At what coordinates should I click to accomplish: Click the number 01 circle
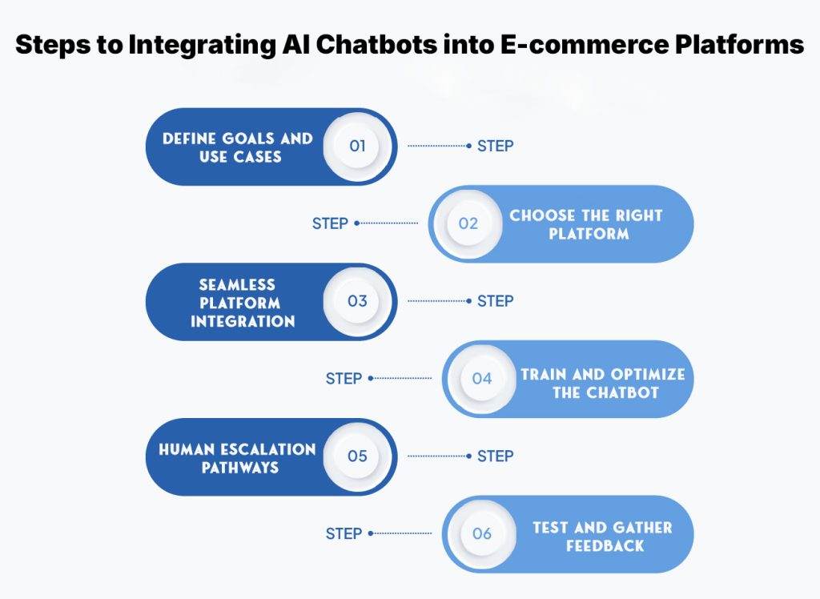(x=357, y=147)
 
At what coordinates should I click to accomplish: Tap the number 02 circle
(x=468, y=223)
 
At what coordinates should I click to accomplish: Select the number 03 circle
(x=357, y=301)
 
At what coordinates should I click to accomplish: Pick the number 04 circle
(x=481, y=378)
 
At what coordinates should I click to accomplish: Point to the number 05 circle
(x=357, y=456)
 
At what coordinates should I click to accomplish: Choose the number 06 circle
(x=481, y=533)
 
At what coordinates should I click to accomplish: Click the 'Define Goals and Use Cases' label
(x=238, y=147)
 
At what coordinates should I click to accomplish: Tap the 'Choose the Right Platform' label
(x=586, y=224)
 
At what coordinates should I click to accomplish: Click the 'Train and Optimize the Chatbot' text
(x=602, y=384)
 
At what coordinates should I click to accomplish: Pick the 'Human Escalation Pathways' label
(x=237, y=457)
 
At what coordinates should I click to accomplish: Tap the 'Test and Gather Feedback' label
(x=602, y=536)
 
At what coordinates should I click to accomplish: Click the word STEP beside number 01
(x=495, y=147)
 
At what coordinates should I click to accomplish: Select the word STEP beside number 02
(x=330, y=223)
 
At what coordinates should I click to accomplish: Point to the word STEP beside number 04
(x=344, y=378)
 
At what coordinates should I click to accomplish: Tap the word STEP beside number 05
(x=495, y=456)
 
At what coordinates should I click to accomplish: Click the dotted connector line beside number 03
(x=439, y=301)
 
